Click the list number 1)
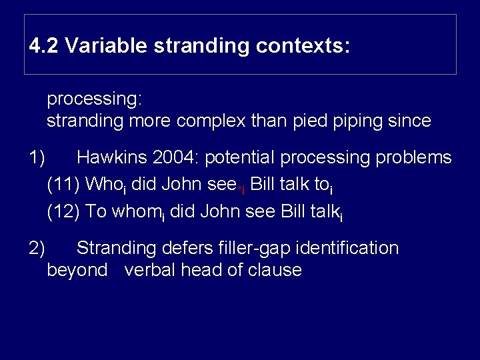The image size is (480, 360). [x=37, y=158]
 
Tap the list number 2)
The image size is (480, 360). [x=37, y=248]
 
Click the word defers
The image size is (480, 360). [x=186, y=248]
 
